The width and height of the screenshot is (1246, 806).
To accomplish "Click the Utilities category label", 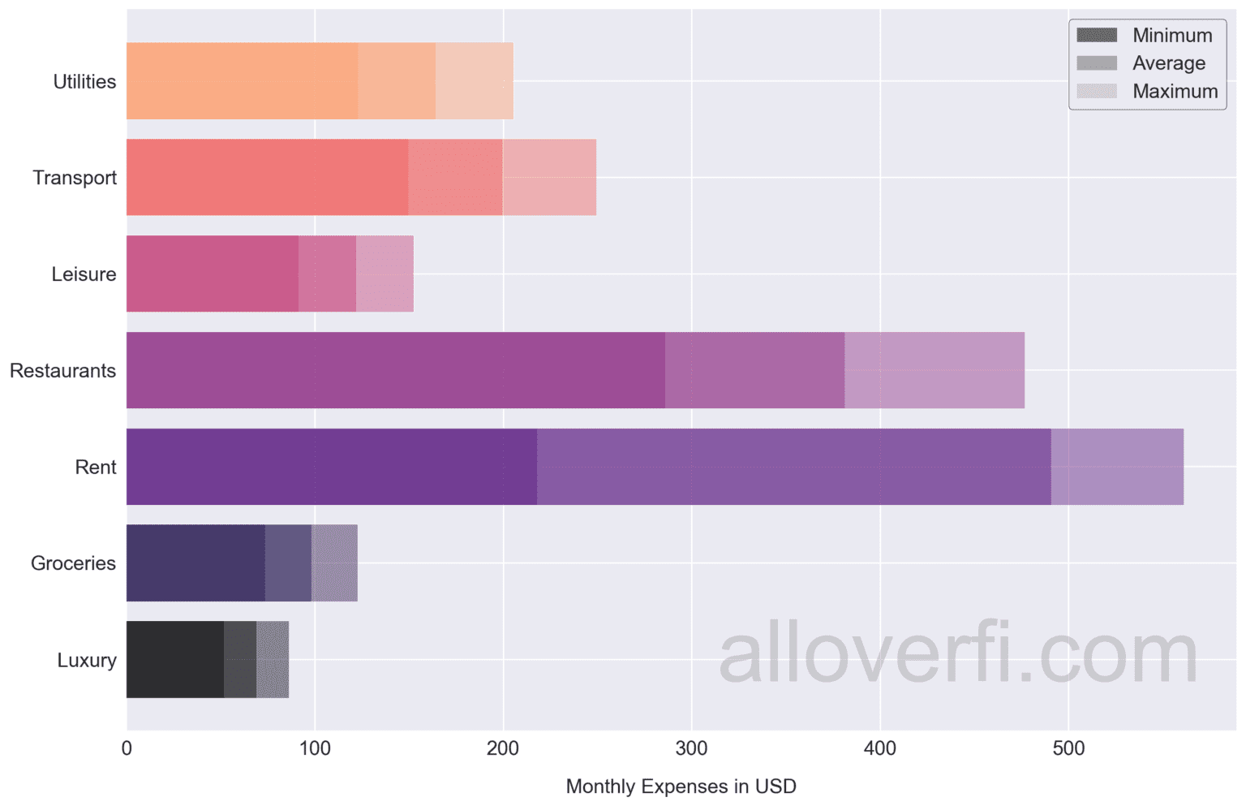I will point(84,81).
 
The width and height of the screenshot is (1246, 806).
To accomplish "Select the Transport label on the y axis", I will point(75,178).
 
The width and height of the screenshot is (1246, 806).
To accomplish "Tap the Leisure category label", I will point(84,274).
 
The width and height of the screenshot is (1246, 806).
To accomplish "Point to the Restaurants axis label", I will point(63,371).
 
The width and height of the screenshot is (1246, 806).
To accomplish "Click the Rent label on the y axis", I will point(96,468).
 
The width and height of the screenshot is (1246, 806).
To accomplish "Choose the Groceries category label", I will point(73,563).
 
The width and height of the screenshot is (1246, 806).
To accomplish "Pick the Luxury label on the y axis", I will point(87,660).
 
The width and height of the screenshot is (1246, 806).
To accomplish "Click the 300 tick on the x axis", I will point(691,748).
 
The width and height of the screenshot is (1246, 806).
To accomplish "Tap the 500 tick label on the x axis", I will point(1068,748).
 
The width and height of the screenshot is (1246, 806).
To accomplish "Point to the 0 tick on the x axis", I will point(127,748).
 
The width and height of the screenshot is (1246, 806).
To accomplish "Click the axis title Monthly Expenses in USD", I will point(681,787).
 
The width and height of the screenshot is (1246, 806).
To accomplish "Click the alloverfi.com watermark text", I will point(958,654).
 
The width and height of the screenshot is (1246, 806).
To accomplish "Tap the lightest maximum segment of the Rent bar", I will point(1117,467).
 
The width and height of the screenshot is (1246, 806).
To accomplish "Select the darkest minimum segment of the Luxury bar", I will point(175,659).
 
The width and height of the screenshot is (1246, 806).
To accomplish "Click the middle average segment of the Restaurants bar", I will point(754,370).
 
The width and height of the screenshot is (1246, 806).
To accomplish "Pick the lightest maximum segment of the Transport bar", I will point(549,177).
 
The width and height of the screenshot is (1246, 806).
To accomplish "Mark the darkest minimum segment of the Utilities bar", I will point(242,81).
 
